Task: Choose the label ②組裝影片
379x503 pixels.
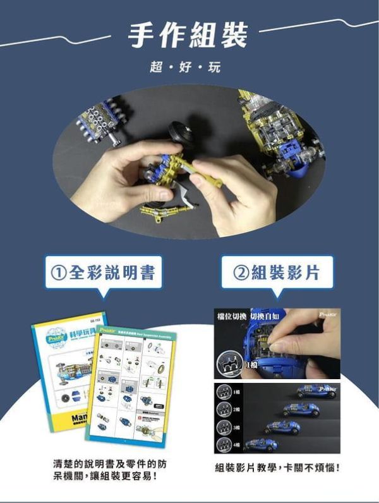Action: pyautogui.click(x=277, y=272)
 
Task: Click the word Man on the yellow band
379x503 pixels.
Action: pyautogui.click(x=67, y=418)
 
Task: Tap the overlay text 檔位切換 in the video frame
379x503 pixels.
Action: pyautogui.click(x=232, y=315)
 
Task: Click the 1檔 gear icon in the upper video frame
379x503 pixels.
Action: pyautogui.click(x=230, y=364)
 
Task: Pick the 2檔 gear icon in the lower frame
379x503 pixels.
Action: pyautogui.click(x=225, y=409)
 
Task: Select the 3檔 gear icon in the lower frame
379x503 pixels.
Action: pyautogui.click(x=225, y=427)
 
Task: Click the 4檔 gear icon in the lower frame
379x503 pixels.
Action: pyautogui.click(x=225, y=444)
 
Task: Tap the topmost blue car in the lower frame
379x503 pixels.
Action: pyautogui.click(x=319, y=391)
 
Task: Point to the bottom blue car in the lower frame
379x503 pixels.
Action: pyautogui.click(x=261, y=445)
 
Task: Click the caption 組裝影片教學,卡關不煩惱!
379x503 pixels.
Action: pyautogui.click(x=277, y=468)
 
